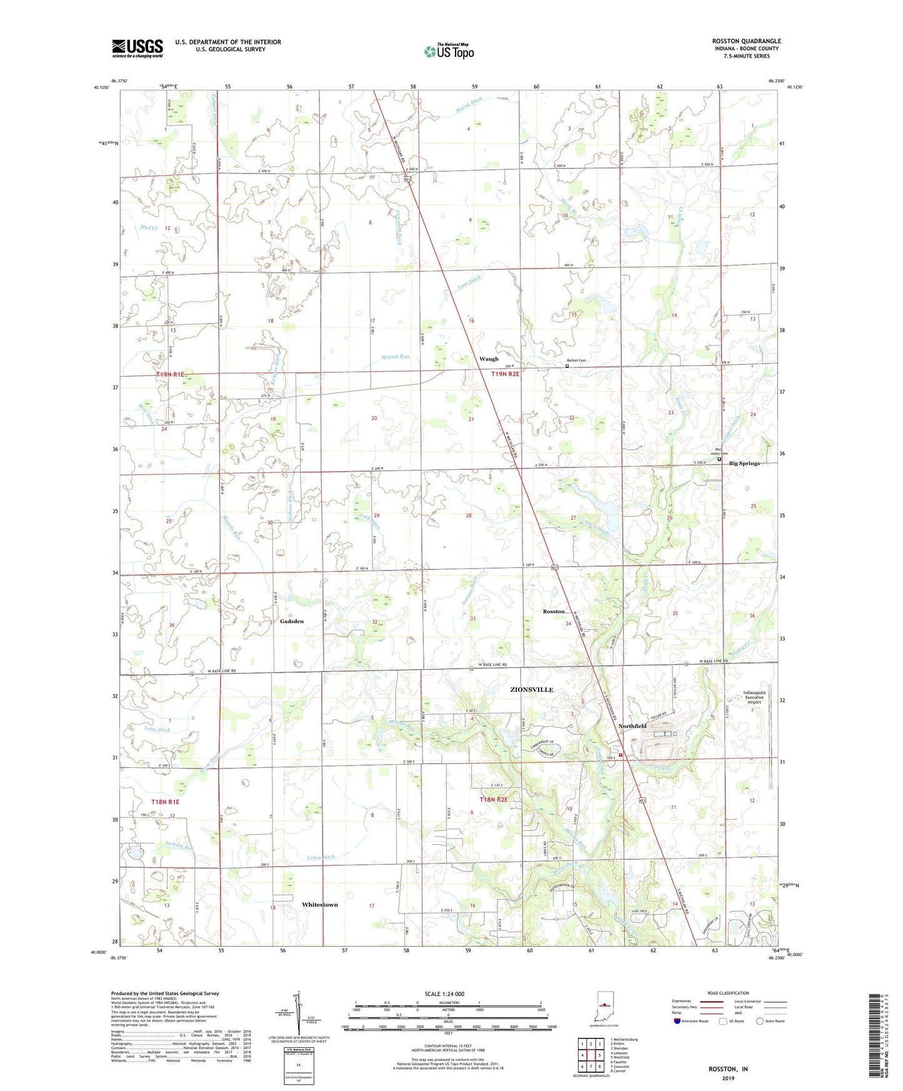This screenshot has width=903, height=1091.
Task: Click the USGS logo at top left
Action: point(137,48)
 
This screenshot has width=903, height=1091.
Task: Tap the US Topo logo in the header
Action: point(448,51)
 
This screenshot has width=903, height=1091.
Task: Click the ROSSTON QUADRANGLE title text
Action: point(746,41)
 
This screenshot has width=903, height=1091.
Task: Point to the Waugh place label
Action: point(489,359)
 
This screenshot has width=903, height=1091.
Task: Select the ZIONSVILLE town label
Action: point(531,690)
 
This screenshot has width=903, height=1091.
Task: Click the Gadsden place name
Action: point(292,621)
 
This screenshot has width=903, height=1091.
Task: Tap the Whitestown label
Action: point(319,905)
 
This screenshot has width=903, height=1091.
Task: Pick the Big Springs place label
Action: point(744,464)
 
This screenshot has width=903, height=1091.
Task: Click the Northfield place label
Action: point(632,726)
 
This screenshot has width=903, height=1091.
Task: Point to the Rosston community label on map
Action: point(554,611)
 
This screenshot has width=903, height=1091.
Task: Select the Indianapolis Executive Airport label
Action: point(754,697)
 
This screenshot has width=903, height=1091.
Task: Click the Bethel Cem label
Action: point(576,361)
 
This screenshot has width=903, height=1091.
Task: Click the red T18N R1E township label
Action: point(165,802)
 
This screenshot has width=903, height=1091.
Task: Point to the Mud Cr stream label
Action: point(149,227)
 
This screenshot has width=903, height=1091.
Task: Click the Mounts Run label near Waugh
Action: point(396,357)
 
